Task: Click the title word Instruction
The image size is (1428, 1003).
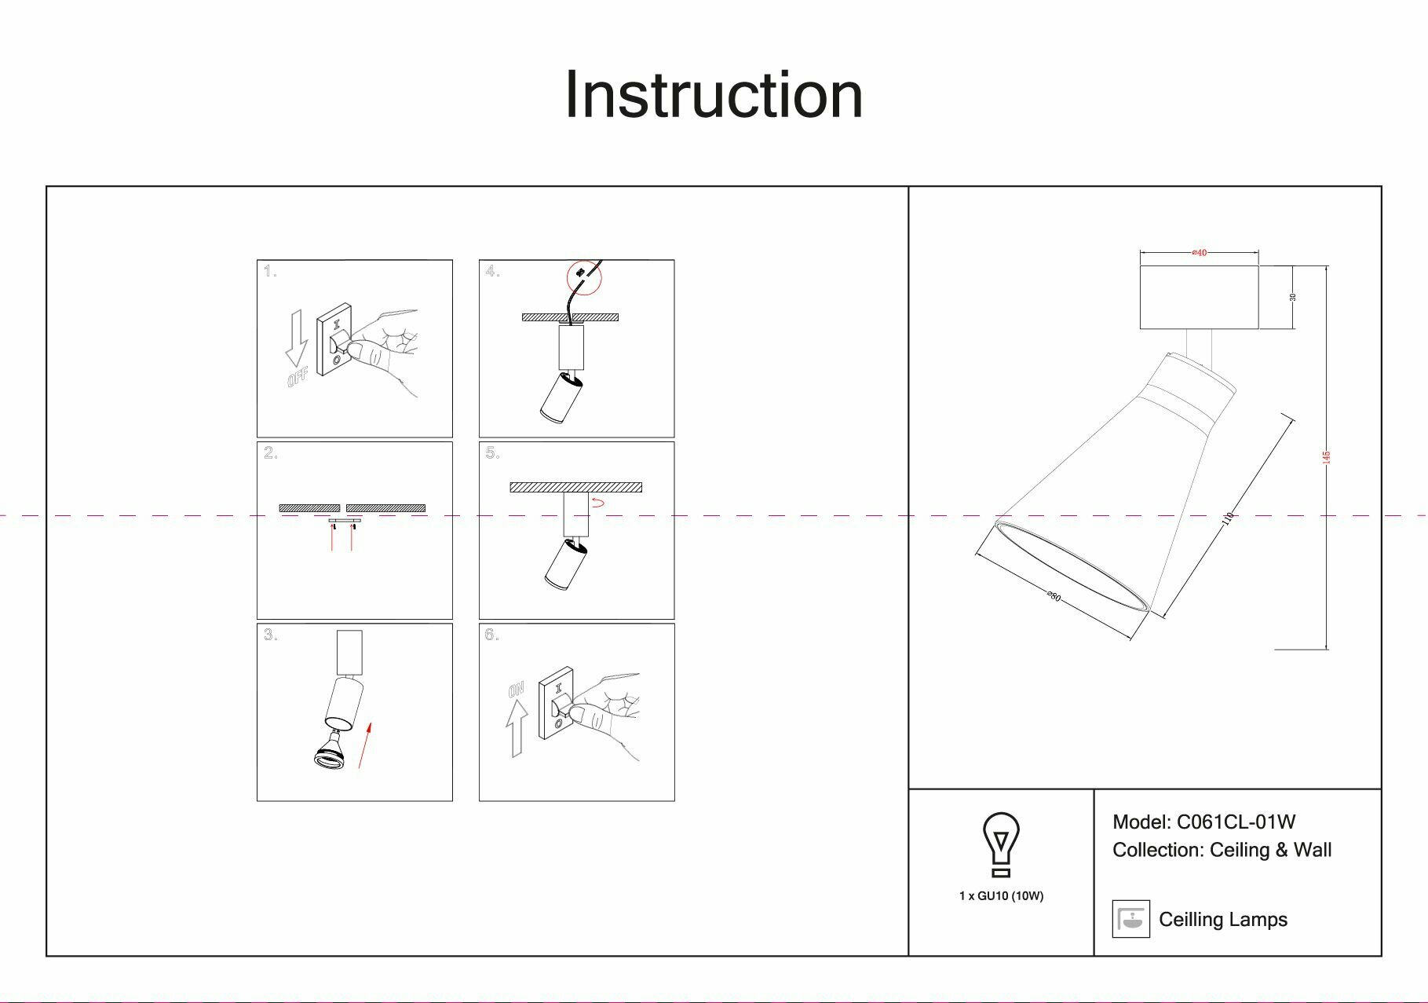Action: tap(714, 95)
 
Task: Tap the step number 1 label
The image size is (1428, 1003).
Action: tap(270, 272)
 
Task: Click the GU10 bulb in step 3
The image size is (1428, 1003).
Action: tap(330, 751)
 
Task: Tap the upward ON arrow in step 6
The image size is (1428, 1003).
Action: tap(516, 727)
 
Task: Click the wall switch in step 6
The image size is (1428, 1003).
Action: tap(557, 703)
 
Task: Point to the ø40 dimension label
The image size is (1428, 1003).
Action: tap(1199, 253)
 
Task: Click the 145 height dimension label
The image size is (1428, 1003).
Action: tap(1327, 456)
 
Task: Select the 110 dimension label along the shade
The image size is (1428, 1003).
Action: tap(1229, 519)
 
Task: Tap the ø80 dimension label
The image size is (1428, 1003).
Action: tap(1054, 596)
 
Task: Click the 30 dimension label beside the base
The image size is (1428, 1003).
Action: tap(1292, 297)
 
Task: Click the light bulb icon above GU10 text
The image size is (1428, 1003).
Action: tap(1001, 844)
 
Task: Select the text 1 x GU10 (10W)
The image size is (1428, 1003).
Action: tap(1001, 896)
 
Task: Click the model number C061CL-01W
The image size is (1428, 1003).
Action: tap(1236, 822)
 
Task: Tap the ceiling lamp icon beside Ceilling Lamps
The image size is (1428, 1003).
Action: tap(1130, 919)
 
